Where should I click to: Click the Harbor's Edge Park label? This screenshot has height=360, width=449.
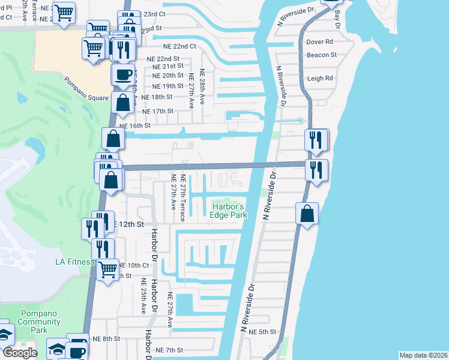click(228, 211)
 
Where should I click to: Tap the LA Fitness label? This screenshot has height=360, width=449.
click(75, 262)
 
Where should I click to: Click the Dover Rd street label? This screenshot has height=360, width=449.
click(319, 42)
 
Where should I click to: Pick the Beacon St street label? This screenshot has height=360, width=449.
click(321, 55)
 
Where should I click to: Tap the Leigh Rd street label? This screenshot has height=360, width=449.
click(320, 78)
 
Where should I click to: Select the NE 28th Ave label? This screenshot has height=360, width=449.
click(202, 89)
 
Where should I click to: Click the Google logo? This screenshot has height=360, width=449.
click(20, 353)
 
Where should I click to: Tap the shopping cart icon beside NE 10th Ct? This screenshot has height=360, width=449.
click(107, 270)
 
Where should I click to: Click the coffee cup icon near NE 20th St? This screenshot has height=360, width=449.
click(123, 75)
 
